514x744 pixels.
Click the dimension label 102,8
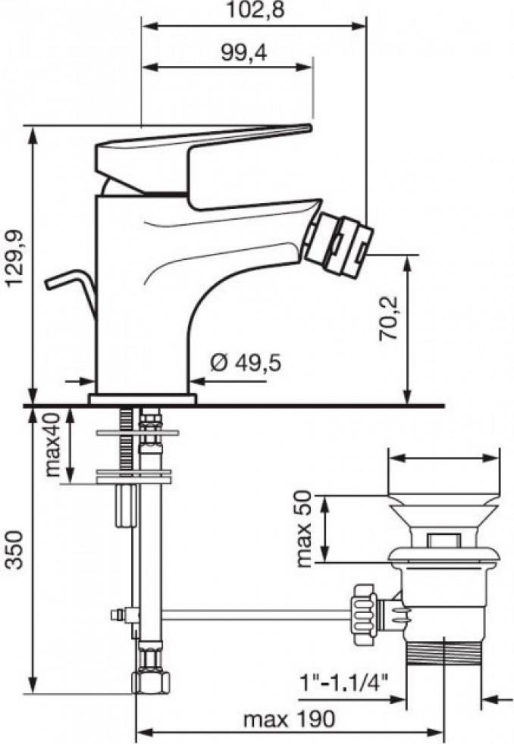tap(254, 10)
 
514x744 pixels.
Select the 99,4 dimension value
tap(244, 53)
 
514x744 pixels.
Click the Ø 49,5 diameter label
tap(246, 363)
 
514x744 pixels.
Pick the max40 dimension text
tap(53, 445)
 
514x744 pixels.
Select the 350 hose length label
tap(15, 550)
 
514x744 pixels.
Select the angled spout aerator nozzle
tap(338, 245)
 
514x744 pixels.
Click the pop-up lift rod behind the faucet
tap(72, 292)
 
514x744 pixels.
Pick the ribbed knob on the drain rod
tap(363, 614)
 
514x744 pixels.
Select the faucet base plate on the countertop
tap(143, 399)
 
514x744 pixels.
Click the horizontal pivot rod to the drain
tap(257, 615)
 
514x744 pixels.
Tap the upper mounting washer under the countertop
tap(138, 433)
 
